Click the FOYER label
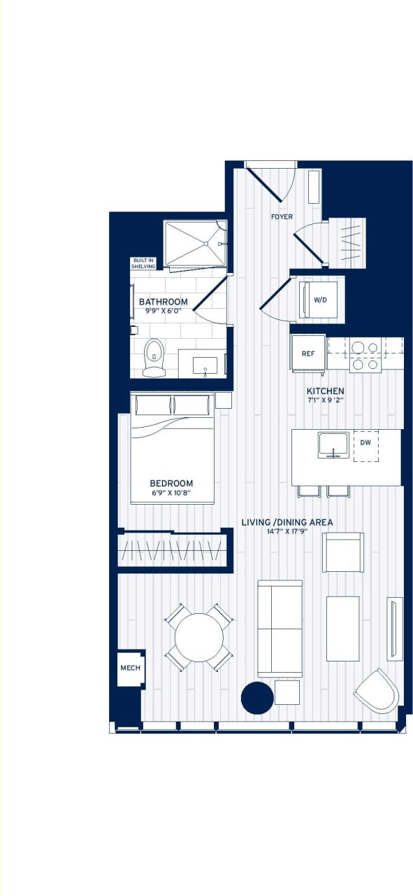(x=282, y=217)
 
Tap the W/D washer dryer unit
(x=320, y=300)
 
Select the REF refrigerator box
(x=308, y=353)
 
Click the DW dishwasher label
(x=365, y=442)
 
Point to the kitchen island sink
(x=333, y=445)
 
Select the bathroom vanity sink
(x=205, y=365)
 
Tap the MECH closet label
(x=131, y=668)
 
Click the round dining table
(x=198, y=637)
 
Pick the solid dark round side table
(x=257, y=697)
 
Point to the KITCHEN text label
(x=325, y=391)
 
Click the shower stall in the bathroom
(x=195, y=244)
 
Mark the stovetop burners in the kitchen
(x=365, y=355)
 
